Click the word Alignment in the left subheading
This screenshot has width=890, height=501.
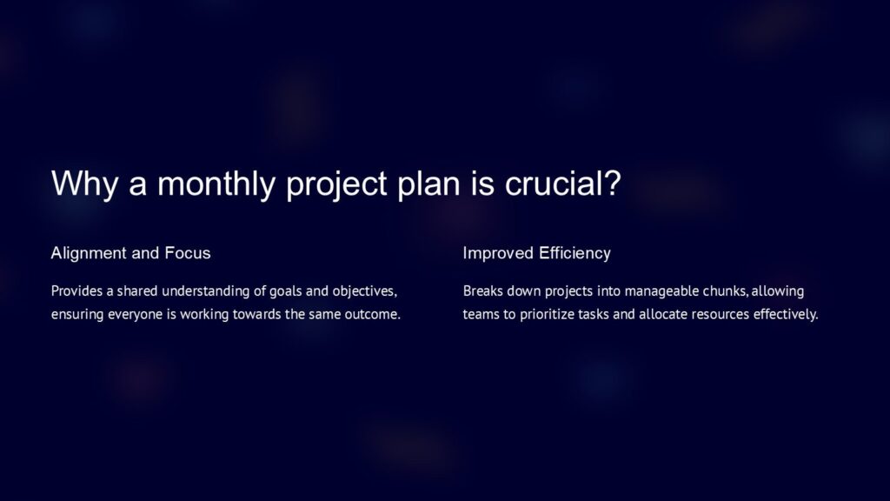pyautogui.click(x=89, y=253)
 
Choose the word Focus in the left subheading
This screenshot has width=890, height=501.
pyautogui.click(x=187, y=253)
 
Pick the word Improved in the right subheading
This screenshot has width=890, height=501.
pyautogui.click(x=497, y=253)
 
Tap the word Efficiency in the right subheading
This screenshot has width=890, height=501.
pyautogui.click(x=575, y=253)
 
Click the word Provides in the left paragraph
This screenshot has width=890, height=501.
pyautogui.click(x=76, y=291)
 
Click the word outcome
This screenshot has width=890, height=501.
pyautogui.click(x=373, y=314)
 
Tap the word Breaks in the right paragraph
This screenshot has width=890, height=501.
pyautogui.click(x=482, y=291)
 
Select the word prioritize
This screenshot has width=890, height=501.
pyautogui.click(x=552, y=314)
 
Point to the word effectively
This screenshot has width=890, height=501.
pyautogui.click(x=787, y=314)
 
